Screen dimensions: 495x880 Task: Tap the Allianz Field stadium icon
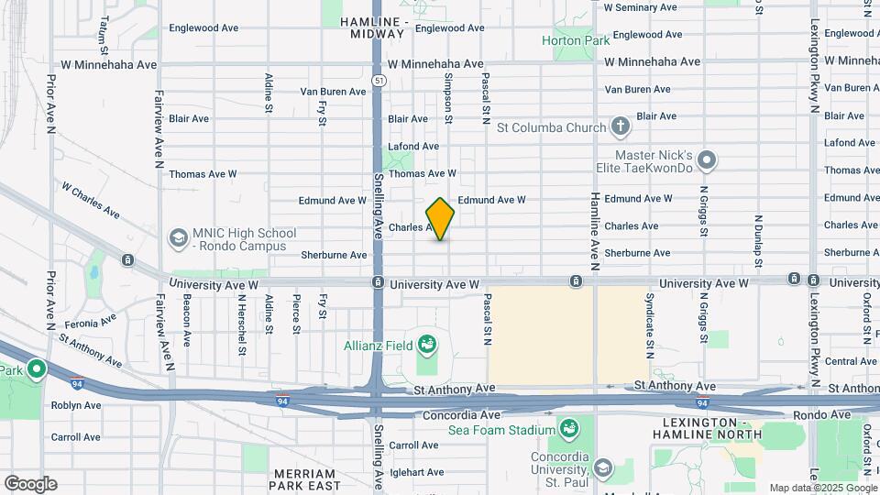tap(426, 346)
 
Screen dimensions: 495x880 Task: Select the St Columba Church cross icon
tap(620, 127)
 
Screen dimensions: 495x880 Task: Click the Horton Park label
tap(576, 40)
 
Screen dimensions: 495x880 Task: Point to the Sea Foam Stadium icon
tap(568, 429)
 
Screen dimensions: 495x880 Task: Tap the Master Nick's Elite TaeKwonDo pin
tap(707, 161)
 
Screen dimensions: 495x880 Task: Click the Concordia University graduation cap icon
tap(603, 469)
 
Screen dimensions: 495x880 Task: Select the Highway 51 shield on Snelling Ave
tap(378, 81)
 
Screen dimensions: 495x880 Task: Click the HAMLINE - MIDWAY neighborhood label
tap(373, 27)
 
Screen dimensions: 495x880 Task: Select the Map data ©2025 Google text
tap(822, 489)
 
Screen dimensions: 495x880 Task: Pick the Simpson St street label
tap(448, 98)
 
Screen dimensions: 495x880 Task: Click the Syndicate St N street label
tap(649, 325)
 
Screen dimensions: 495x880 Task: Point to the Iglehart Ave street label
tap(417, 473)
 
